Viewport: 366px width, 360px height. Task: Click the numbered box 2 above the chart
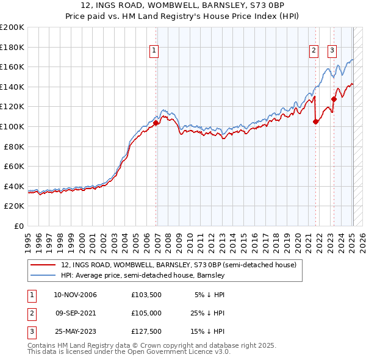[x=314, y=51]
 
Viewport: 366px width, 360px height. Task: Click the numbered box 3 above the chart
[x=332, y=51]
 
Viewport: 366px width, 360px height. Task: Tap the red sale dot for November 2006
[x=156, y=123]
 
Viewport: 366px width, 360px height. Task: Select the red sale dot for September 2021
[x=315, y=121]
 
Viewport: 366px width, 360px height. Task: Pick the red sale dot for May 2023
[x=334, y=99]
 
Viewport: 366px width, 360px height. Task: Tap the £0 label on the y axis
[x=18, y=226]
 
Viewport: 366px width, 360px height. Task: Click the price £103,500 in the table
[x=145, y=295]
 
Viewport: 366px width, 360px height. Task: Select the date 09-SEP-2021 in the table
[x=76, y=313]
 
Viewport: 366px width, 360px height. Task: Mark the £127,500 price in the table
[x=145, y=331]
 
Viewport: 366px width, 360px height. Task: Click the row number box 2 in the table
[x=31, y=313]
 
